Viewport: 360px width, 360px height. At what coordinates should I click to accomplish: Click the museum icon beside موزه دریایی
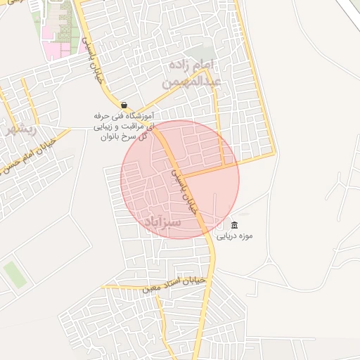pyautogui.click(x=234, y=226)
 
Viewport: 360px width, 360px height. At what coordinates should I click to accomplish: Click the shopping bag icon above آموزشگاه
pyautogui.click(x=124, y=105)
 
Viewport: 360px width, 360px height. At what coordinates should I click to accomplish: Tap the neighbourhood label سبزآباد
pyautogui.click(x=162, y=221)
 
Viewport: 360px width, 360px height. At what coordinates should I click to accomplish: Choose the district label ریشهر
pyautogui.click(x=20, y=129)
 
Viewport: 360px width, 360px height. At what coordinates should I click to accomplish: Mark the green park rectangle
pyautogui.click(x=14, y=274)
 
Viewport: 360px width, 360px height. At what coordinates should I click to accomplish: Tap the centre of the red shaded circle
pyautogui.click(x=180, y=179)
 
